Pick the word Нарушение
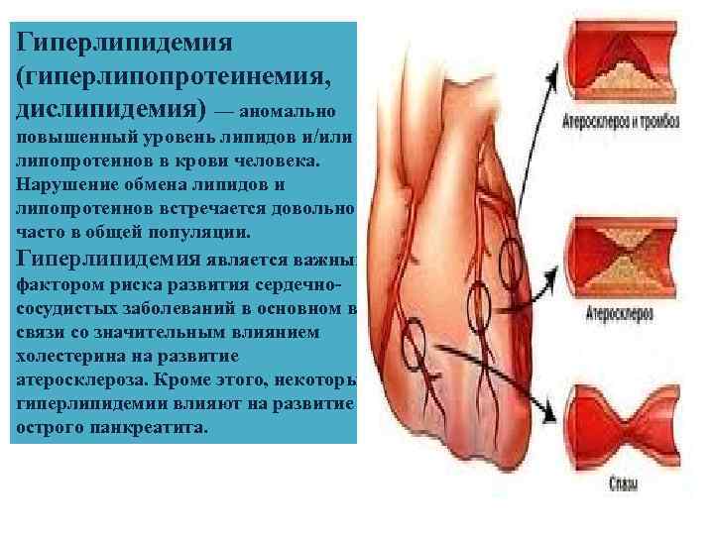click(x=63, y=184)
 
